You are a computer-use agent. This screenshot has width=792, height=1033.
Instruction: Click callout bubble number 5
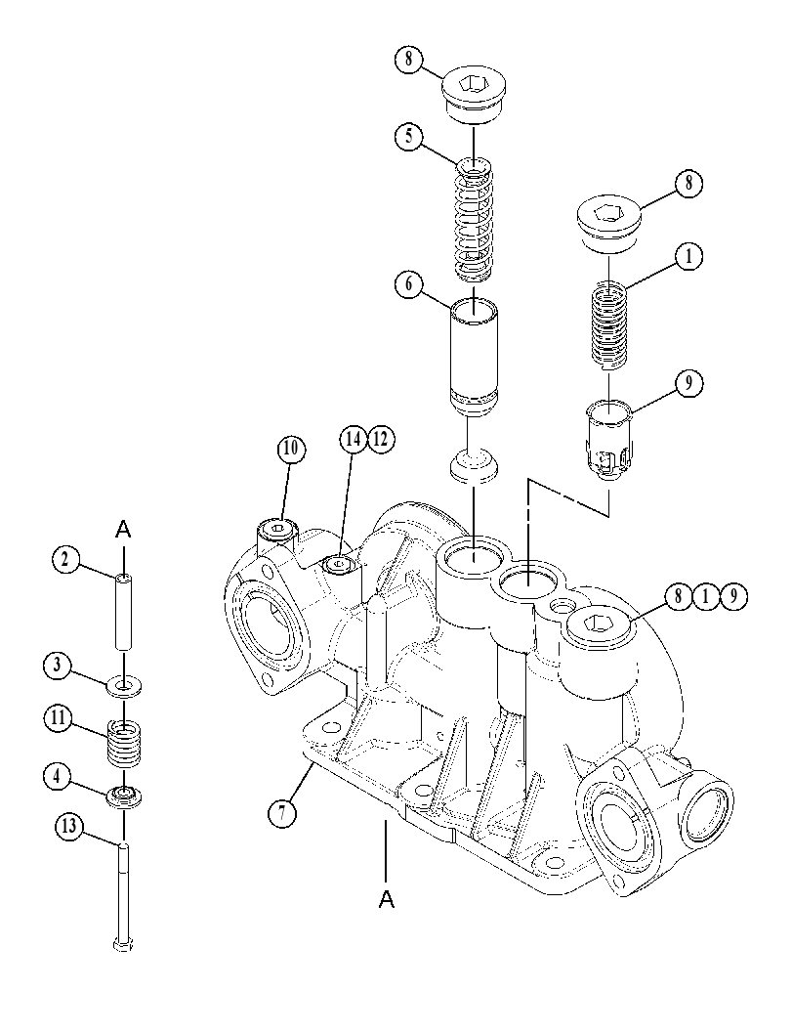coord(408,139)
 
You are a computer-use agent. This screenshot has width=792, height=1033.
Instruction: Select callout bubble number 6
coord(409,286)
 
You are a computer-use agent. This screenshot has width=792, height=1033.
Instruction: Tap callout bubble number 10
coord(290,449)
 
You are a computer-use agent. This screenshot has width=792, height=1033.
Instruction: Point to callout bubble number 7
coord(282,813)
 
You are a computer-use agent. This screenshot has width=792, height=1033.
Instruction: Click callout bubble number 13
coord(69,826)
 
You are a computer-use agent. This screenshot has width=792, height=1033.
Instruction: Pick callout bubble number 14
coord(354,440)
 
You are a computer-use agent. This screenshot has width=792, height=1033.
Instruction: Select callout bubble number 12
coord(381,440)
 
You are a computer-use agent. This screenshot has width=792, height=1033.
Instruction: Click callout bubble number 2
coord(65,560)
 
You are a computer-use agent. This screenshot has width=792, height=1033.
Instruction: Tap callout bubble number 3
coord(58,666)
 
